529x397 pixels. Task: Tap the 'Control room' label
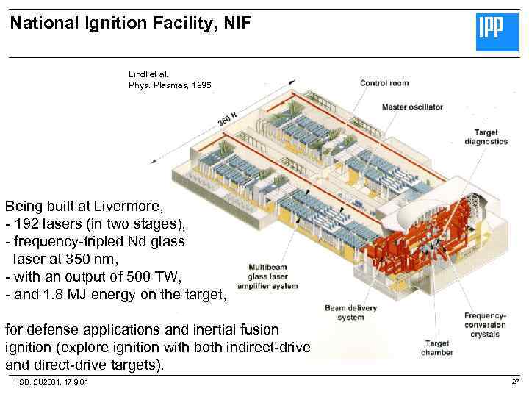pos(384,83)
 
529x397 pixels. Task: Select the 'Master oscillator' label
pos(412,107)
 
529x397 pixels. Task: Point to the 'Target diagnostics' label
pos(486,137)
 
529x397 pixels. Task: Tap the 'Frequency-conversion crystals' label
pos(485,325)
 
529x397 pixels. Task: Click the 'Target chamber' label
pos(439,348)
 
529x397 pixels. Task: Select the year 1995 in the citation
pos(201,85)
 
